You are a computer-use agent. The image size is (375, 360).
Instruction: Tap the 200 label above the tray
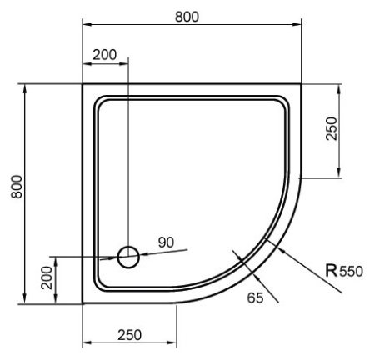click(x=104, y=55)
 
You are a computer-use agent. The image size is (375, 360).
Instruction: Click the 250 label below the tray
click(x=128, y=334)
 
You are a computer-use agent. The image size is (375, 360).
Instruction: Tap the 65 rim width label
click(x=255, y=296)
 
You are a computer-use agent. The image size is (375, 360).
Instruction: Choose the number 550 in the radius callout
click(x=352, y=270)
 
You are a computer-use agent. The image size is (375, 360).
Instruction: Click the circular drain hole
click(x=128, y=257)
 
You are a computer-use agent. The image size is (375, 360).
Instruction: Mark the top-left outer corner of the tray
click(x=82, y=84)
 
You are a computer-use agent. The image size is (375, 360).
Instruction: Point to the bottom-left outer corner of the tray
click(x=82, y=303)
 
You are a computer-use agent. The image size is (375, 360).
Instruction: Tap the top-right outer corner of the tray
click(x=302, y=84)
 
